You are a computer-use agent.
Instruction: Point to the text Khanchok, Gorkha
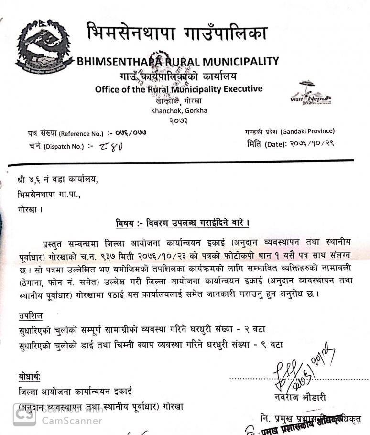179,110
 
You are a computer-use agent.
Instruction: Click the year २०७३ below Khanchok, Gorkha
178,120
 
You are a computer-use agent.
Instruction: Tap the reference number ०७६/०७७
130,133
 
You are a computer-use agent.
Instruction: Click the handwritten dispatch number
111,147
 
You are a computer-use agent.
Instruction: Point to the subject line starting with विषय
184,223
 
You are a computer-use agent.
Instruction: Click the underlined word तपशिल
30,316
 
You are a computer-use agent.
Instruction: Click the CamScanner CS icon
24,415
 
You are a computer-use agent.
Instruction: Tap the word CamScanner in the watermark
72,421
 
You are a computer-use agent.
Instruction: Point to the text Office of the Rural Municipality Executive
178,89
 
